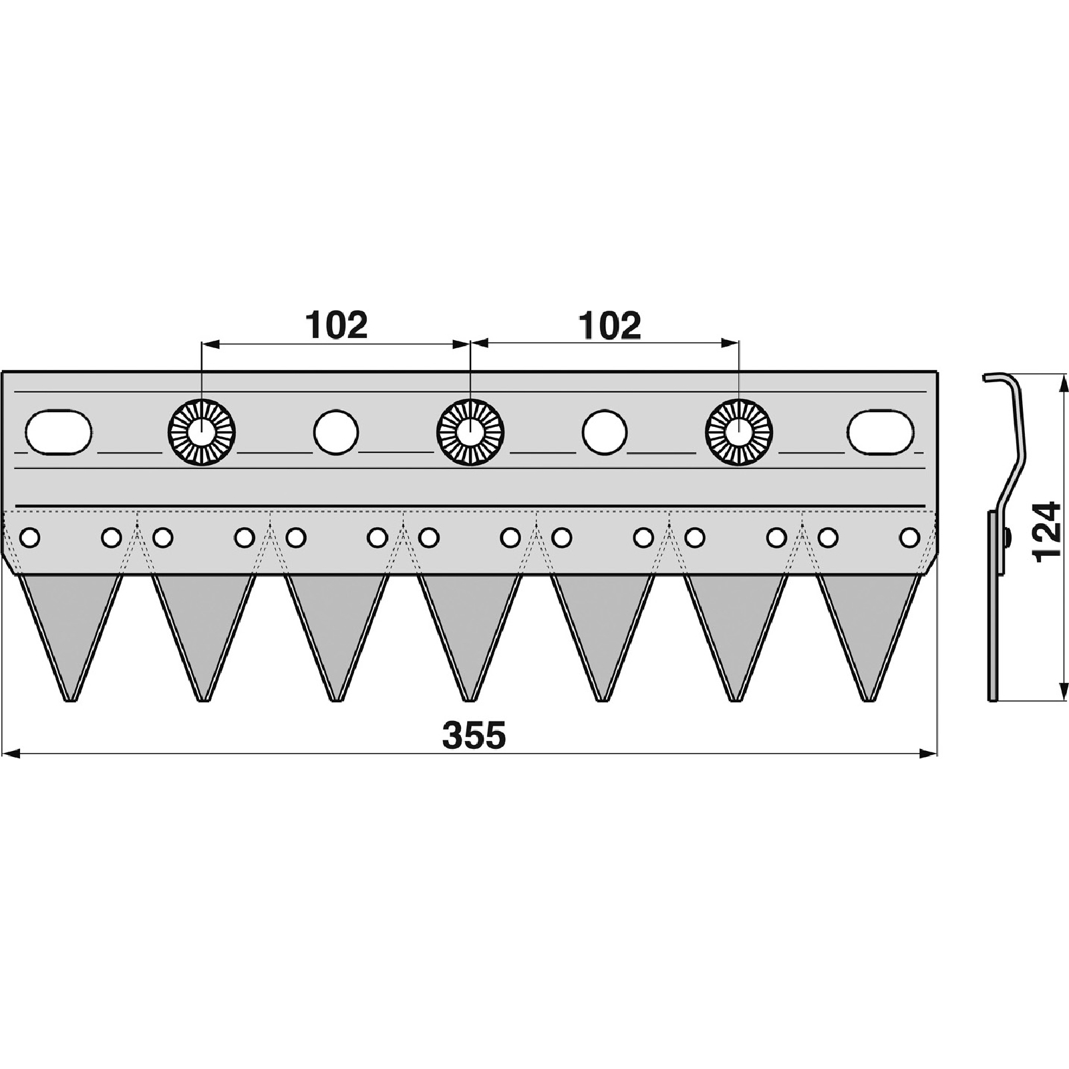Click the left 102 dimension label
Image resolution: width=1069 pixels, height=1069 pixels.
[x=337, y=325]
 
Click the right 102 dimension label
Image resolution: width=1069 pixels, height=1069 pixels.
[x=610, y=325]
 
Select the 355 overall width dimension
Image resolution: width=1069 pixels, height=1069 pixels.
[x=474, y=735]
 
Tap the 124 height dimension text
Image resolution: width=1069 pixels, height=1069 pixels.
[x=1046, y=532]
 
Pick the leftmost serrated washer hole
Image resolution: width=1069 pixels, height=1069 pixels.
[x=201, y=433]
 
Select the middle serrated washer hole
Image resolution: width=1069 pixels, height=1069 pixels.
[x=470, y=433]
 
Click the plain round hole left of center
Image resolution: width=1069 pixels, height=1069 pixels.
[x=336, y=432]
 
